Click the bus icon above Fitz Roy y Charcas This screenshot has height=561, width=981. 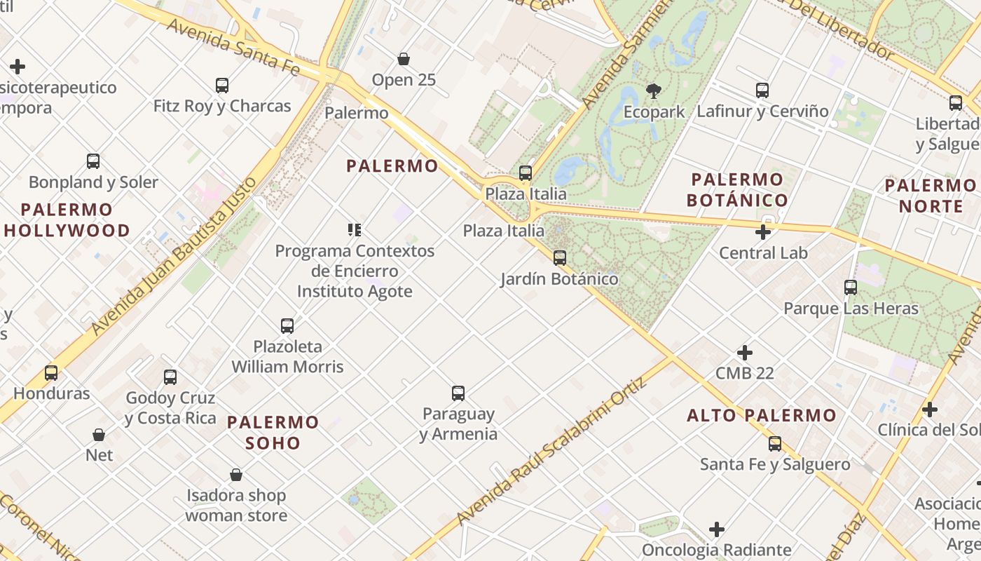[x=222, y=86]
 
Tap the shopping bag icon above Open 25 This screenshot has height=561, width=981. [x=404, y=59]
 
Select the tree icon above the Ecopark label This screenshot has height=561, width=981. [x=654, y=90]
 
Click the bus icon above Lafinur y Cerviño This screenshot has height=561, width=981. [x=762, y=90]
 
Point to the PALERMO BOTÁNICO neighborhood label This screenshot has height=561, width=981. [x=736, y=190]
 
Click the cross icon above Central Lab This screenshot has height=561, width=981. [x=763, y=232]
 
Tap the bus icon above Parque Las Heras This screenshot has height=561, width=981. [x=851, y=288]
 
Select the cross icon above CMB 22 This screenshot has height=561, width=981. [x=745, y=353]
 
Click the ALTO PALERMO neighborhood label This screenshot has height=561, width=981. [x=762, y=415]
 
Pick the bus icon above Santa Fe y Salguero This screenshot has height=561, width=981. [x=775, y=444]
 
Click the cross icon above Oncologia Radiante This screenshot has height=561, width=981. [x=717, y=529]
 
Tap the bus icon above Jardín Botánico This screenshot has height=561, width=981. [x=559, y=258]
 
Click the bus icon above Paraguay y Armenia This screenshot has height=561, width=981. [x=458, y=393]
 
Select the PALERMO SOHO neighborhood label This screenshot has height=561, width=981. [x=273, y=433]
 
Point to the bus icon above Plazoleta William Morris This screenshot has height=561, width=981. [x=287, y=326]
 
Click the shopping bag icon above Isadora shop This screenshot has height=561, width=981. [x=236, y=475]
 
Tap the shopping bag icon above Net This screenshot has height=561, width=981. [x=99, y=435]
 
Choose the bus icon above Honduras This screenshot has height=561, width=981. [x=51, y=373]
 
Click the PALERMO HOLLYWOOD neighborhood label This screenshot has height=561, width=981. [x=67, y=220]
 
